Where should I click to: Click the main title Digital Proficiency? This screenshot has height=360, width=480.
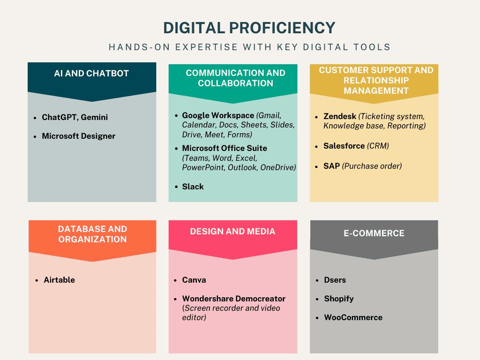pos(249,28)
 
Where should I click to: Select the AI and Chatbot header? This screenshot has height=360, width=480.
pos(91,74)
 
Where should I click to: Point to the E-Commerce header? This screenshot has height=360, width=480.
pos(374,233)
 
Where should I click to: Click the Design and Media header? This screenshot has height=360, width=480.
pos(232,232)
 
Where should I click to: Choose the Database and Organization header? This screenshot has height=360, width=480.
pos(92,234)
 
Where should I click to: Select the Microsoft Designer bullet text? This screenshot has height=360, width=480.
pos(78,136)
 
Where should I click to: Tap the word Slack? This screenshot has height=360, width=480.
pos(193,187)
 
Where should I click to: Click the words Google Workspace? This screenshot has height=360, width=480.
pos(217,115)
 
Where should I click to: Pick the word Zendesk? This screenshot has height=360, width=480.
pos(339,116)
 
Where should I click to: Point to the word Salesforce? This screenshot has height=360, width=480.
pos(344,146)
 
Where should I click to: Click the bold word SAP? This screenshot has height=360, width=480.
pos(331,166)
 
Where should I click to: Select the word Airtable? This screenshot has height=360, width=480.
pos(59,280)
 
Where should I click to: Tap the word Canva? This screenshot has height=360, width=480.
pos(194,280)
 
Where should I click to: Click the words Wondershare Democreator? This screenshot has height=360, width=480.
pos(233,299)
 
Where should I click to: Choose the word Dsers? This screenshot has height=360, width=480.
pos(335,280)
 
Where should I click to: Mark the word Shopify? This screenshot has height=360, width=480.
pos(338,299)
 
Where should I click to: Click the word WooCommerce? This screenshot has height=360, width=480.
pos(353,317)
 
